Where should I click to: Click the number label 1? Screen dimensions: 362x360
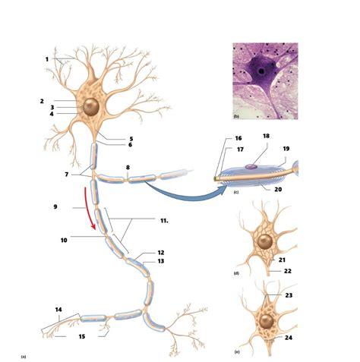[46, 59]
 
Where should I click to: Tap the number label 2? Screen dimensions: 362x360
[42, 100]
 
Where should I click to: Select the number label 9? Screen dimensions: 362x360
[55, 206]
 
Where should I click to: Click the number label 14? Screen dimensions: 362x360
[58, 310]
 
